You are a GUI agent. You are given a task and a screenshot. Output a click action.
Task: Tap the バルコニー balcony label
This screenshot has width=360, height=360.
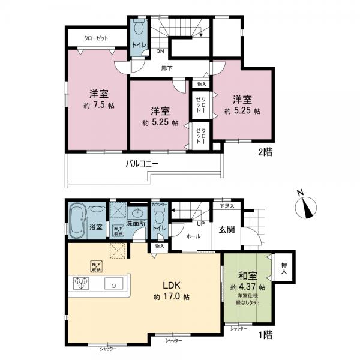click(x=142, y=163)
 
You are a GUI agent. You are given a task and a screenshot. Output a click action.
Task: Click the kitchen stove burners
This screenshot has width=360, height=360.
click(x=81, y=283)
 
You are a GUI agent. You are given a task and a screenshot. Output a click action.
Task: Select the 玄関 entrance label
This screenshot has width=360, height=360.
click(x=226, y=228)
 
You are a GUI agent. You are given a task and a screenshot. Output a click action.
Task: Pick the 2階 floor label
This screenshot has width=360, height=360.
click(x=265, y=152)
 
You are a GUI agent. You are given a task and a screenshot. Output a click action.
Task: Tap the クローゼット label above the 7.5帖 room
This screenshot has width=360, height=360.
click(x=96, y=38)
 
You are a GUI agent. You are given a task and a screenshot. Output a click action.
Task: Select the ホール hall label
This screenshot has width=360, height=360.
click(x=193, y=236)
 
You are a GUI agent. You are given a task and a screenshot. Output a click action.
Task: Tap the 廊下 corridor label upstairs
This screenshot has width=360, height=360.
click(x=167, y=68)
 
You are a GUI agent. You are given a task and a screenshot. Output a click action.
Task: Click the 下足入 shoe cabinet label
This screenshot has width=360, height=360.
click(x=226, y=205)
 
